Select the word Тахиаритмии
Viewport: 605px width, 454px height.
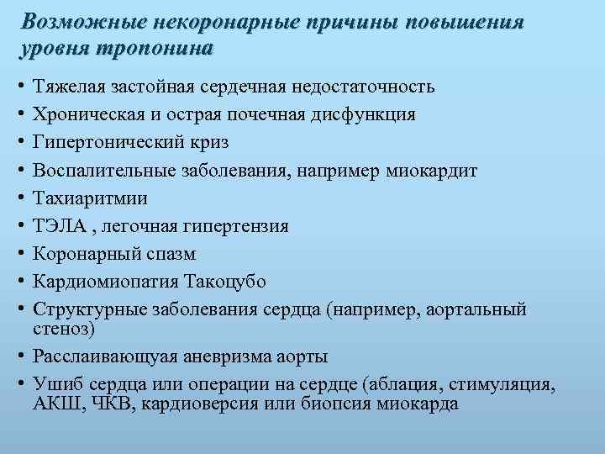(90, 198)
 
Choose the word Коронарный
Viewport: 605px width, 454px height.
(83, 254)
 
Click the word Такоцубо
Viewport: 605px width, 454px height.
(261, 282)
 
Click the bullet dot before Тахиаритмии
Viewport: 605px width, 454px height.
(18, 198)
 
